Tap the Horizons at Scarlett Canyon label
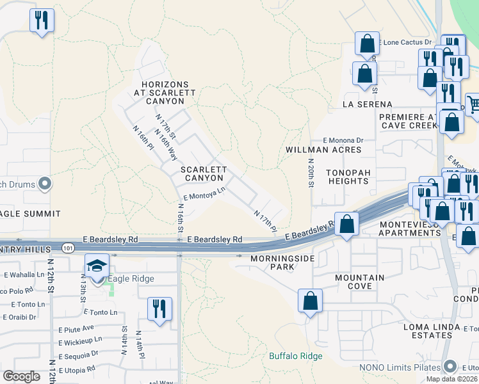pos(165,93)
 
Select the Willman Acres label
pos(323,150)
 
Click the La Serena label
pos(367,104)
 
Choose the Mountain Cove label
pos(360,282)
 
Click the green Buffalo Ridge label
pos(295,356)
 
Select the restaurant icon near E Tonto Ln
pos(159,308)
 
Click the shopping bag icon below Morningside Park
pos(310,301)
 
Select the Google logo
pos(21,376)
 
